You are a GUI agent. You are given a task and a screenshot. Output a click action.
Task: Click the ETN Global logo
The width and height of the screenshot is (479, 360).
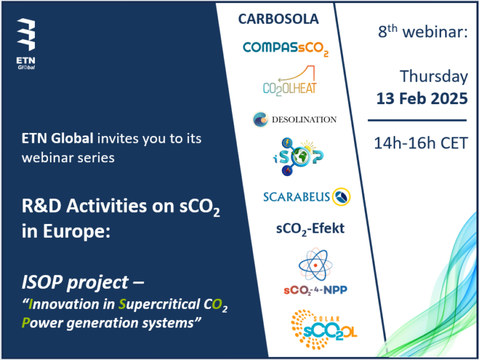26,44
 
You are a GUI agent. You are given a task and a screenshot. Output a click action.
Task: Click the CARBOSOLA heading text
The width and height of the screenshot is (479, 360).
278,19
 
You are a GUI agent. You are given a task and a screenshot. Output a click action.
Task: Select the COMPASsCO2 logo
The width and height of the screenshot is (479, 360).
286,49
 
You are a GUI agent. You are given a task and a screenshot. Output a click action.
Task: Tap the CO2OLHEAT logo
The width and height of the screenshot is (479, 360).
289,80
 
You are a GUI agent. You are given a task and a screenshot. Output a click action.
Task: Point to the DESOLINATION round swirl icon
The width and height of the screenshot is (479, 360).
261,119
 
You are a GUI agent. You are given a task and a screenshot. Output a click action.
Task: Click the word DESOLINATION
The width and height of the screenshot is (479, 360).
304,120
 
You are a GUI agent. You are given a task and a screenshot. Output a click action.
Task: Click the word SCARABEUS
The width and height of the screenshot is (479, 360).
296,197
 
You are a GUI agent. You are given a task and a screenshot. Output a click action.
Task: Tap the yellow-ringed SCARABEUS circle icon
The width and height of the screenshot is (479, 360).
341,197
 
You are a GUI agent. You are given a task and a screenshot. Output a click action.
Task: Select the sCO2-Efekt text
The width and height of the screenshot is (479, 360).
310,229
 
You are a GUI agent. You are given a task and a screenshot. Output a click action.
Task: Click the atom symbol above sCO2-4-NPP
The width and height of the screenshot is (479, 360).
315,265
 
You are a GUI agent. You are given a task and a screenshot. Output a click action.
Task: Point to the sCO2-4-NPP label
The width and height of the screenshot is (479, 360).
315,290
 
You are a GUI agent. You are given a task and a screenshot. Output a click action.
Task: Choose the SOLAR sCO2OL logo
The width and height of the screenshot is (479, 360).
324,329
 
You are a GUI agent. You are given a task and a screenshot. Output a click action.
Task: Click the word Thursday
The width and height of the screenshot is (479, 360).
434,76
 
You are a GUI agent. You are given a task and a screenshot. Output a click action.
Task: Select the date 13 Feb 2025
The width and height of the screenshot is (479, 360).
422,99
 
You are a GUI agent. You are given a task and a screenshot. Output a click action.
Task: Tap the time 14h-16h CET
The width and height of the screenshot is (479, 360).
420,143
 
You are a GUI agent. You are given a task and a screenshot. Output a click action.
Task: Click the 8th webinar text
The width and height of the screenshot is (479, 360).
423,31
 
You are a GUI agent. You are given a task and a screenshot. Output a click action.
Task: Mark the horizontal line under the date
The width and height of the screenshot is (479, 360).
417,120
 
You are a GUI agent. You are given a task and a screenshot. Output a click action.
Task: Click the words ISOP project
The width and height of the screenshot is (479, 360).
75,283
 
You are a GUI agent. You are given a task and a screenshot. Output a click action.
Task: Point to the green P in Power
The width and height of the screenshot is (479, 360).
26,323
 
